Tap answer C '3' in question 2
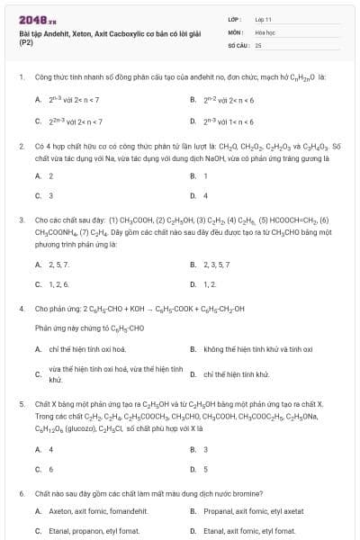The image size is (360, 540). [x=50, y=194]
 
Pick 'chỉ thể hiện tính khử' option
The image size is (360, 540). [x=235, y=373]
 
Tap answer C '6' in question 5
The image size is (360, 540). [x=50, y=469]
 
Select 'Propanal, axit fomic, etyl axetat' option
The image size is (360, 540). [x=253, y=511]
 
